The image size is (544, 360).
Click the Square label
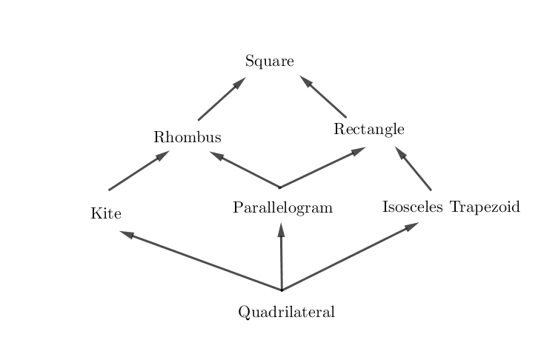click(x=270, y=61)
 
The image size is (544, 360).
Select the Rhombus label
click(x=188, y=138)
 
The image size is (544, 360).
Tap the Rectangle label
click(x=368, y=130)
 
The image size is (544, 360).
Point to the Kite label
click(x=106, y=214)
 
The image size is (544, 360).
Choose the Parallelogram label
click(x=282, y=207)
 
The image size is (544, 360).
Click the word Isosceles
click(x=413, y=207)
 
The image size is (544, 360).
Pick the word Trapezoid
click(x=485, y=207)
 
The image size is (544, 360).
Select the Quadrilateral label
click(x=286, y=312)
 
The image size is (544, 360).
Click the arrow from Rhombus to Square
click(x=221, y=99)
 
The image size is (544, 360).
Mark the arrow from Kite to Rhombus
click(x=139, y=171)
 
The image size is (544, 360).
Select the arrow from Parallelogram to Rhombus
click(x=245, y=170)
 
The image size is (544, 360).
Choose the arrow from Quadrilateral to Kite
click(x=200, y=261)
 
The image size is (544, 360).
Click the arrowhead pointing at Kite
click(x=127, y=235)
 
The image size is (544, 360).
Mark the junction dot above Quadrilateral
click(x=282, y=290)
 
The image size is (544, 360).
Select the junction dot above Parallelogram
click(x=279, y=187)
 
